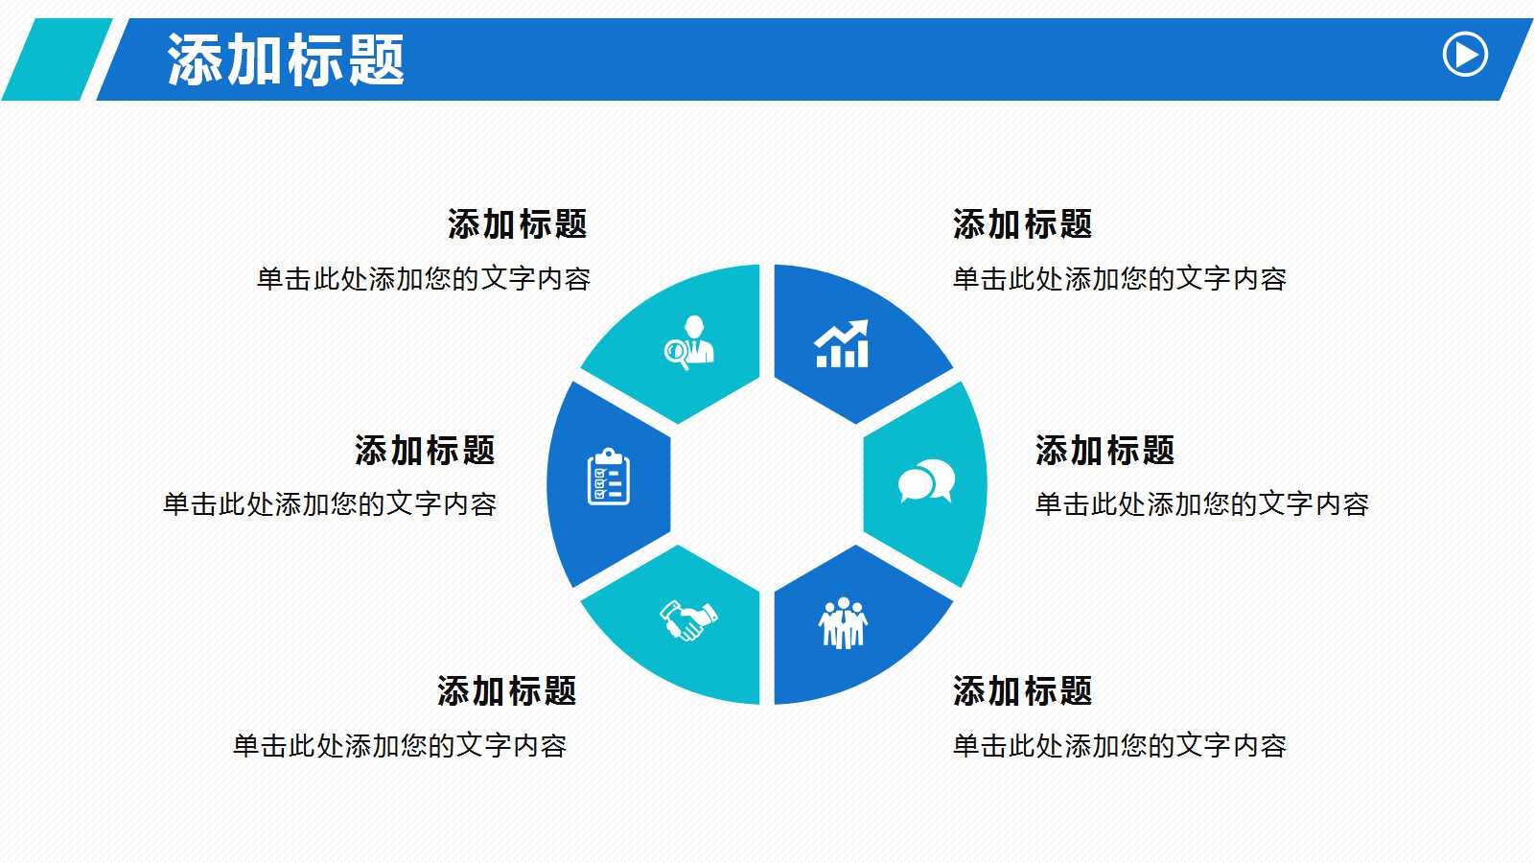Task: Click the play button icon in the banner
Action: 1465,55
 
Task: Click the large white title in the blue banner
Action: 286,60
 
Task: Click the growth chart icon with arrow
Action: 842,344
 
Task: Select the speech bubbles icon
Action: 926,481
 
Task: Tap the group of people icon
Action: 843,623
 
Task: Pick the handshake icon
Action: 688,620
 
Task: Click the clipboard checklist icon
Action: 608,477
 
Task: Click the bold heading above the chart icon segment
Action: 1022,224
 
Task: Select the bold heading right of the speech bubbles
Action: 1104,451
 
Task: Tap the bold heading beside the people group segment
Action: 1022,691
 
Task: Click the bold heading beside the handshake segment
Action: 506,691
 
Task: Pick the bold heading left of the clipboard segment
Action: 425,451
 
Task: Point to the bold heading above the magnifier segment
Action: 517,224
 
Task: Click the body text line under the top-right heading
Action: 1119,279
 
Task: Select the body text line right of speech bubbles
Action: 1201,504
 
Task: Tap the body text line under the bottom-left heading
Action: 400,746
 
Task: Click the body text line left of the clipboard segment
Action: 330,504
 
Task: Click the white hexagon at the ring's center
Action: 767,484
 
